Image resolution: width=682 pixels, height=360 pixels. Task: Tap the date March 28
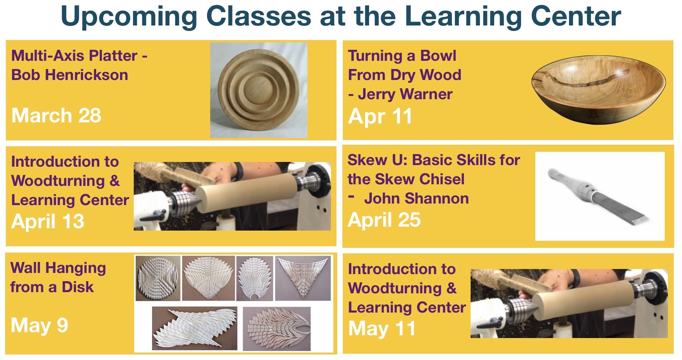pos(56,115)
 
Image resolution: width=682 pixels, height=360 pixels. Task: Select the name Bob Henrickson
pos(70,75)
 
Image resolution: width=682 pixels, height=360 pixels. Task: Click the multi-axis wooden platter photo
pos(259,90)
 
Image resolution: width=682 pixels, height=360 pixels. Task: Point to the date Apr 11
pos(380,116)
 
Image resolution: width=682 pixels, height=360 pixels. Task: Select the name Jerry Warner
pos(406,94)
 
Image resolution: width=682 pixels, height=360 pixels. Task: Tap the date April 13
pos(48,221)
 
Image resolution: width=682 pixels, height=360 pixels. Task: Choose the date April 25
pos(384,220)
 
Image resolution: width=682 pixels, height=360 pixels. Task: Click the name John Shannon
pos(416,198)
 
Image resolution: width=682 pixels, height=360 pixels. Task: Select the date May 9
pos(40,325)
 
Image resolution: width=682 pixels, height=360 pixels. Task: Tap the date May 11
pos(382,329)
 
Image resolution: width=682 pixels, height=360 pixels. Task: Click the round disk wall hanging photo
pos(158,278)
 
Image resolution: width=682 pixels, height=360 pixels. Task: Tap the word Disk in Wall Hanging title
pos(78,287)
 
